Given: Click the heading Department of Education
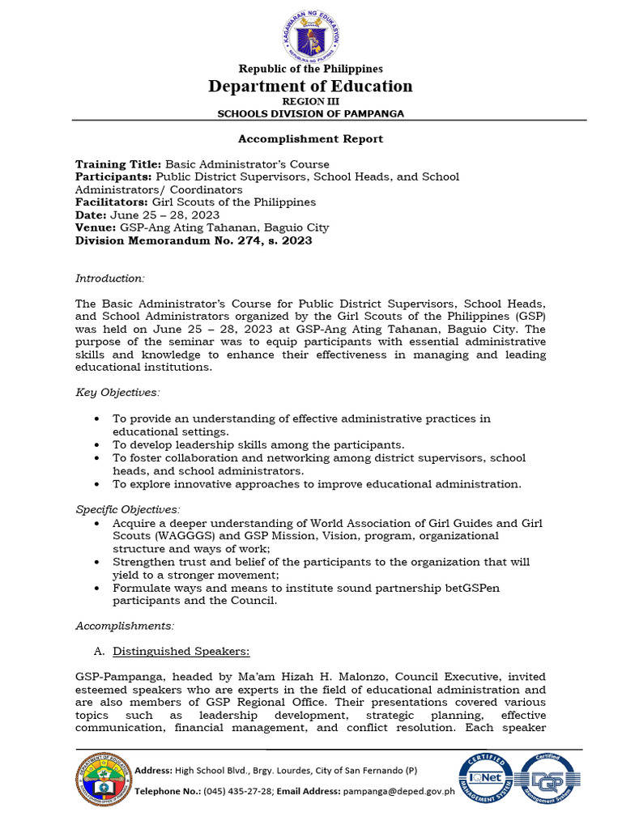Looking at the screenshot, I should (x=311, y=86).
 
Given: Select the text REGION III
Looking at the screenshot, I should (x=311, y=101).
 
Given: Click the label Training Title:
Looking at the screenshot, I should (x=118, y=164).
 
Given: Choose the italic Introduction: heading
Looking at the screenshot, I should (x=110, y=278).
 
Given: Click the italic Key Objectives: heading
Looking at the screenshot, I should (x=118, y=393).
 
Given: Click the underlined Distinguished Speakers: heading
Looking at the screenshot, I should (x=181, y=651).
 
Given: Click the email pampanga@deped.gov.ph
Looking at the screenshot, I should (x=399, y=791).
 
